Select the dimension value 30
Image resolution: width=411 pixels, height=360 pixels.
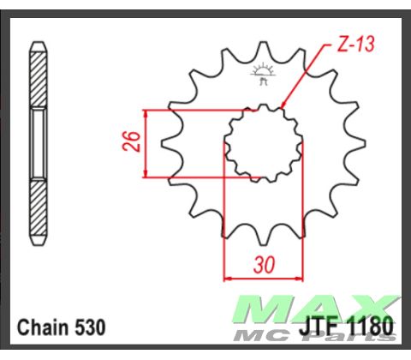tap(265, 265)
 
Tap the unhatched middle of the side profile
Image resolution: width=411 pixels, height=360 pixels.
tap(39, 144)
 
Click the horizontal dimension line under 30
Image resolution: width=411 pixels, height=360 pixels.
tap(264, 278)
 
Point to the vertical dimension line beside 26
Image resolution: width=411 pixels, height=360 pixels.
tap(147, 144)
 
